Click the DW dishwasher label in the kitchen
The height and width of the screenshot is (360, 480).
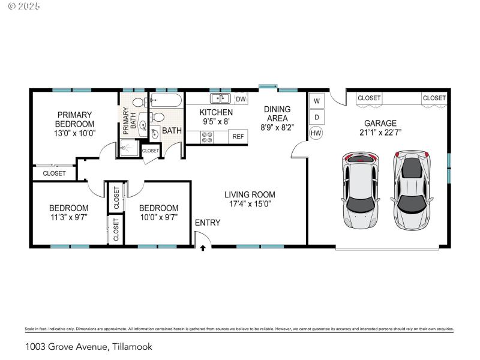coord(241,99)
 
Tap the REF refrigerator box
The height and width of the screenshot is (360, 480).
coord(238,137)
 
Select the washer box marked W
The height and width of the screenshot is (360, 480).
coord(316,100)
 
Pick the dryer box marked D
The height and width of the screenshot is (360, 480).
coord(316,116)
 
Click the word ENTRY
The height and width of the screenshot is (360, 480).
coord(208,223)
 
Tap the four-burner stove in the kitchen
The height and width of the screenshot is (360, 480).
coord(207,137)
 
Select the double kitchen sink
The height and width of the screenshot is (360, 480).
coord(220,98)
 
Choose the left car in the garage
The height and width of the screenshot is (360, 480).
coord(360,190)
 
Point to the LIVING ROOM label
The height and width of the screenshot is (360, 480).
coord(250,194)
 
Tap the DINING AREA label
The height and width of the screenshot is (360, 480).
coord(277,113)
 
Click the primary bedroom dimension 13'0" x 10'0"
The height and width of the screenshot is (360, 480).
coord(74,133)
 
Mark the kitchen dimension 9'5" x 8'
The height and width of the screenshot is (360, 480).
coord(215,122)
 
